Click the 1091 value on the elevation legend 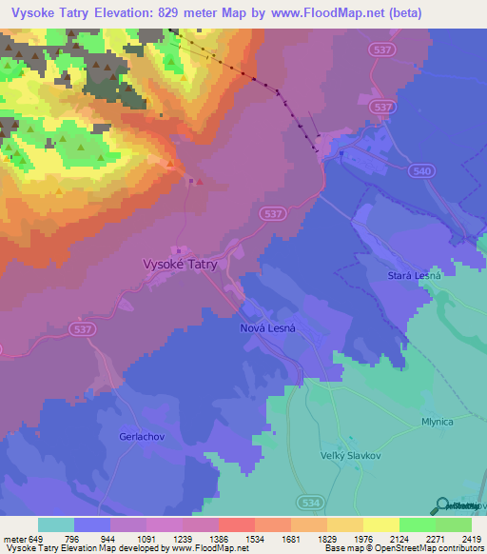coord(146,538)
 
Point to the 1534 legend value coord(254,538)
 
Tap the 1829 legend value coord(326,538)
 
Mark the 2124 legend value coord(399,538)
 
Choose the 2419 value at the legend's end coord(472,538)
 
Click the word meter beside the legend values coord(15,538)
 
